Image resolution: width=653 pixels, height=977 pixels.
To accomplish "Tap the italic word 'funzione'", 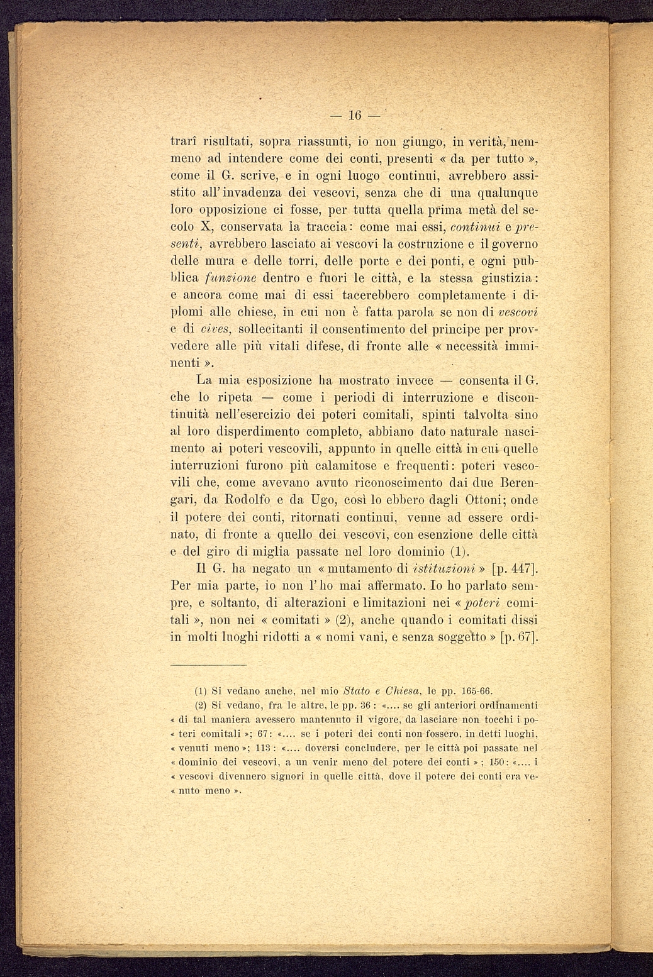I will [217, 278].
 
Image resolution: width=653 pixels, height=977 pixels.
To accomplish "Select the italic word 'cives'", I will [217, 329].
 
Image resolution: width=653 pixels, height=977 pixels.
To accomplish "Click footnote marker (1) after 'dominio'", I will [460, 552].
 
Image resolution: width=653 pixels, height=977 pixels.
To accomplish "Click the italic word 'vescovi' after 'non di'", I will [522, 312].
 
